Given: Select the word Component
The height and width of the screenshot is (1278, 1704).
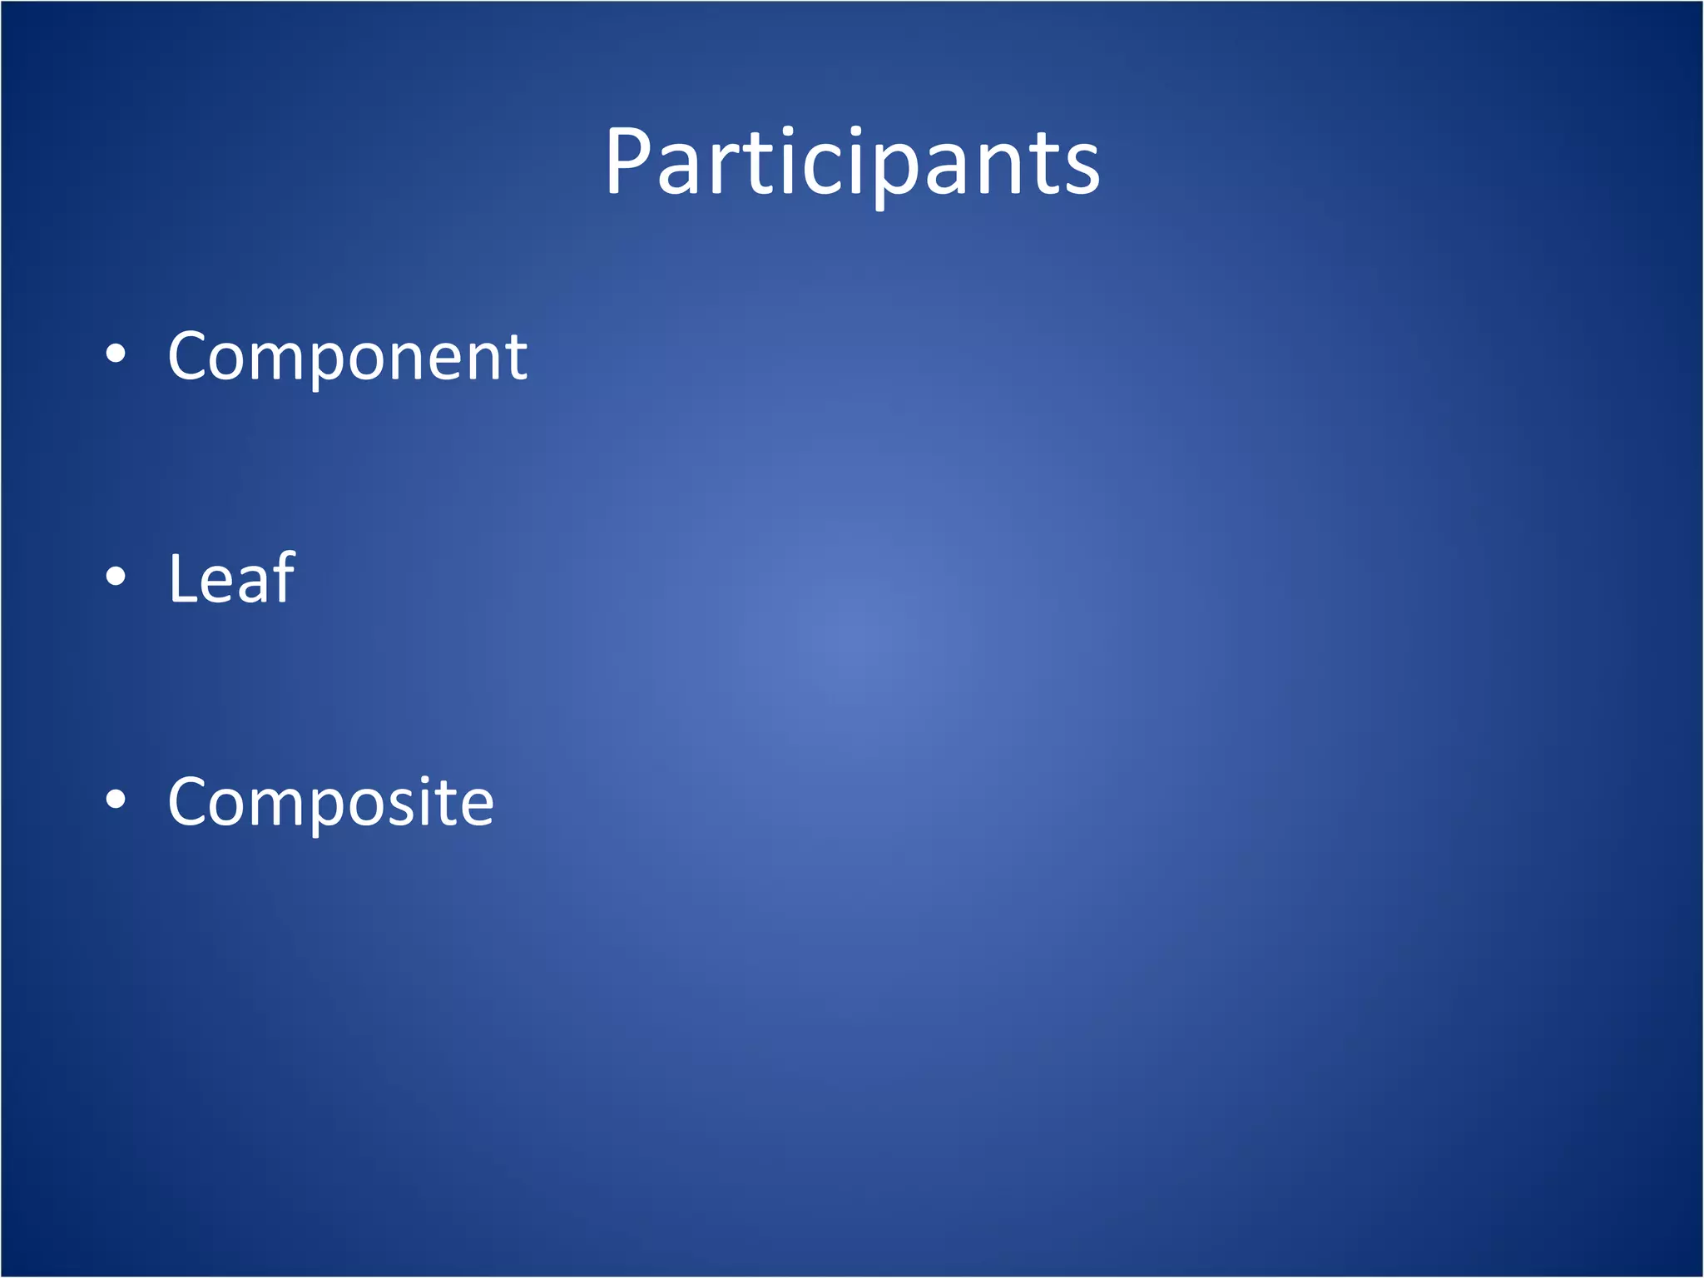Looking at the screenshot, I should pos(347,357).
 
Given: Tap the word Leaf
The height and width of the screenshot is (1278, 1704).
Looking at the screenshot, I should pos(231,579).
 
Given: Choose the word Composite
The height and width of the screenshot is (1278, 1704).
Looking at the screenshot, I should pos(330,802).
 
